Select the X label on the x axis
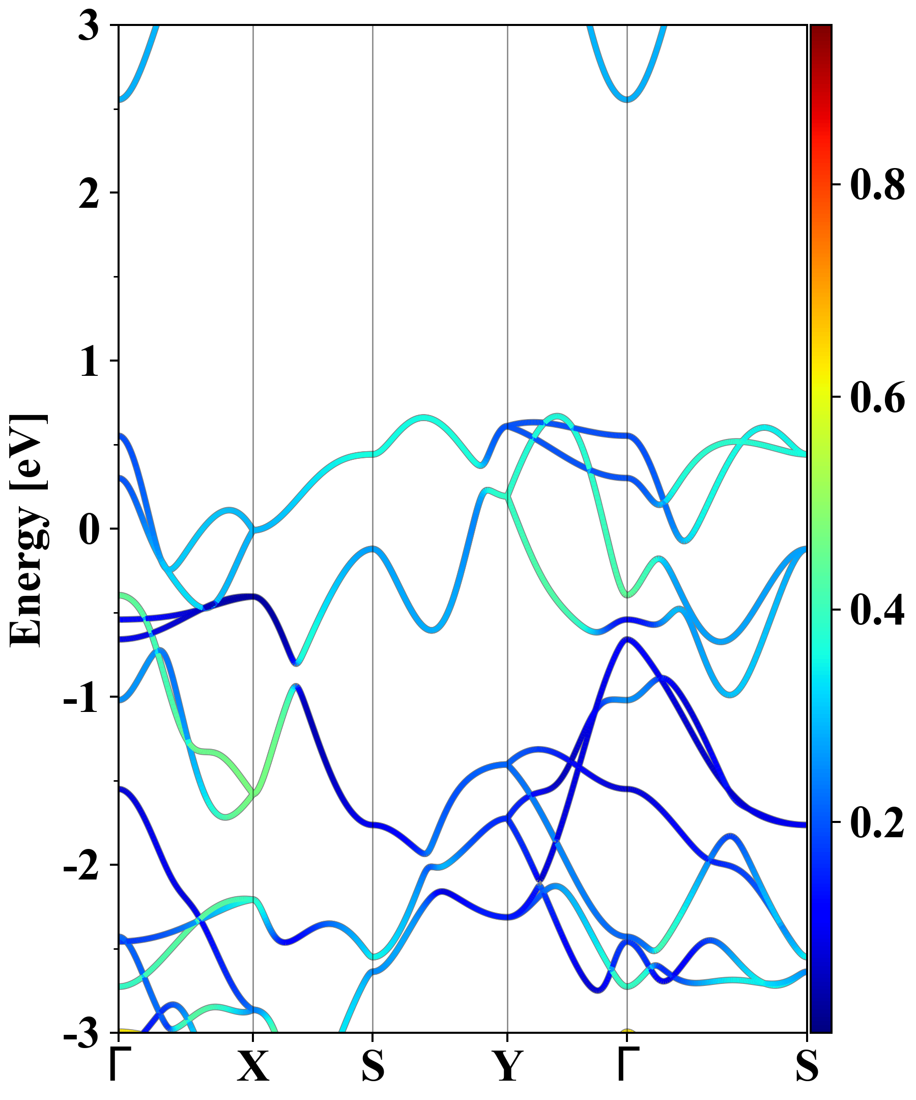(x=253, y=1067)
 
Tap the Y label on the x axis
(x=507, y=1067)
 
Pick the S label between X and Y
(x=373, y=1067)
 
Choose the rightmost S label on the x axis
(x=807, y=1067)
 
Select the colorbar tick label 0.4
(x=877, y=610)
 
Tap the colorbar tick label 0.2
(x=877, y=822)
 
